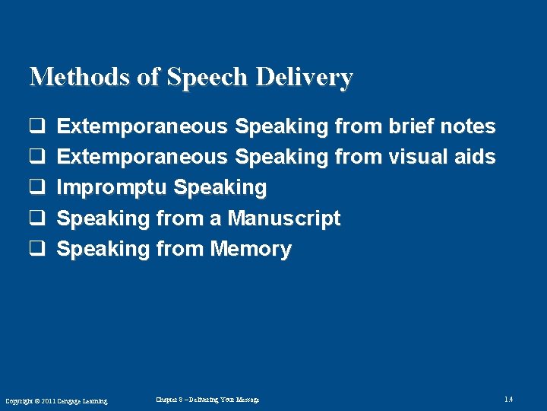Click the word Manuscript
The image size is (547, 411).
click(284, 218)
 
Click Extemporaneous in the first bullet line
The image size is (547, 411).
click(142, 126)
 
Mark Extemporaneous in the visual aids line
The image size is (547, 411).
click(142, 157)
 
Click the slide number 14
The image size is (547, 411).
click(508, 400)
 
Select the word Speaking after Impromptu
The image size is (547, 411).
click(220, 187)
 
